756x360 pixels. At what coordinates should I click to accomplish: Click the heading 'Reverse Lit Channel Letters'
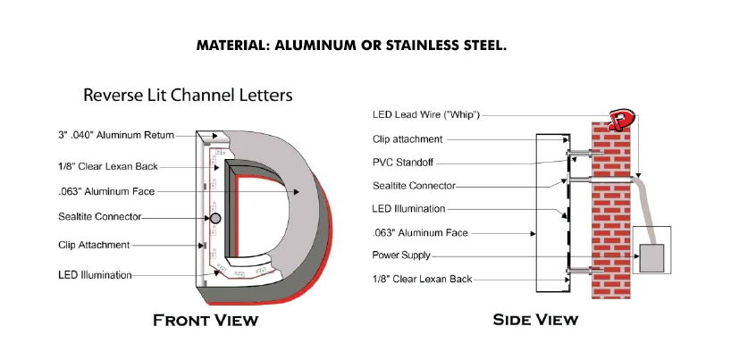[x=188, y=95]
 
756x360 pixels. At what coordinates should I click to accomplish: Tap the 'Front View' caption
[x=206, y=320]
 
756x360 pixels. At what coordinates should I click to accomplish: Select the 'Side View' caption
[x=535, y=320]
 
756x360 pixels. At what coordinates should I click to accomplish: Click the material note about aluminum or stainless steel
[x=351, y=46]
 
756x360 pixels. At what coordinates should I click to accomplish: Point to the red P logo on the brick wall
[x=621, y=120]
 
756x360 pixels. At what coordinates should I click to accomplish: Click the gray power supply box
[x=651, y=258]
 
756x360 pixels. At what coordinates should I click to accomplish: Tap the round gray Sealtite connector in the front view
[x=215, y=218]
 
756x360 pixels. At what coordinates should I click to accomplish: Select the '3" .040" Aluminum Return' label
[x=115, y=135]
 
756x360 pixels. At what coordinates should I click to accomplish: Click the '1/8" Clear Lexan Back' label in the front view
[x=108, y=167]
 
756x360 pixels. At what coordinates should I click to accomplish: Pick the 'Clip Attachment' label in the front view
[x=94, y=245]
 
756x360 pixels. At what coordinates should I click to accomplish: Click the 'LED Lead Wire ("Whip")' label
[x=426, y=114]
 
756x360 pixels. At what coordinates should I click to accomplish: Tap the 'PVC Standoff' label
[x=403, y=163]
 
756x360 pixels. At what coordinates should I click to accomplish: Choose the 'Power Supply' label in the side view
[x=401, y=255]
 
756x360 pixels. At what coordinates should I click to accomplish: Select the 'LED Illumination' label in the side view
[x=409, y=209]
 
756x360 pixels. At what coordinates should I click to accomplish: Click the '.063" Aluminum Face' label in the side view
[x=420, y=233]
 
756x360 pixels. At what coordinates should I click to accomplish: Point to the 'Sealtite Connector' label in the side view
[x=414, y=186]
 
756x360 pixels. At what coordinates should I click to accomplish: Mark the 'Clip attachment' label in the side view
[x=407, y=139]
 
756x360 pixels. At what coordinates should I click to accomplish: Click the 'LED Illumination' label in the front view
[x=95, y=275]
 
